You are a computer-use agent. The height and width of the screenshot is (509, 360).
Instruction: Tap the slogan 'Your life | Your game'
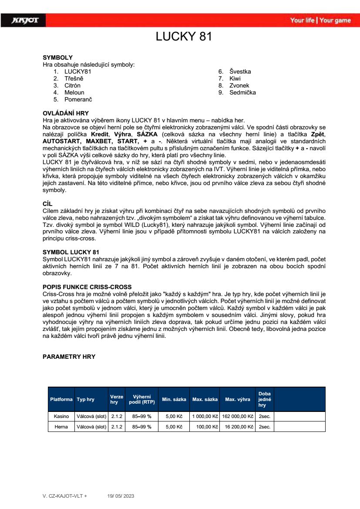(x=320, y=20)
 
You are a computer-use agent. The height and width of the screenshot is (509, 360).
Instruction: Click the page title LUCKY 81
(x=184, y=37)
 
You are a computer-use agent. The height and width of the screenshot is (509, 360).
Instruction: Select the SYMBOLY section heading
(x=57, y=57)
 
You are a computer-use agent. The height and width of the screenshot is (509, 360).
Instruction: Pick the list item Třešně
(x=74, y=78)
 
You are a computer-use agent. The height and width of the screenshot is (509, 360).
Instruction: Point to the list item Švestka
(x=240, y=71)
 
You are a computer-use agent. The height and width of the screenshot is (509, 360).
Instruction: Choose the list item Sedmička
(x=242, y=92)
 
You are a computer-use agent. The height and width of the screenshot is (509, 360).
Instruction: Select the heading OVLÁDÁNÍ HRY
(x=65, y=113)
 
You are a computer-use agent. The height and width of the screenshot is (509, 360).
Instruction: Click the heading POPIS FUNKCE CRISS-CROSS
(x=87, y=287)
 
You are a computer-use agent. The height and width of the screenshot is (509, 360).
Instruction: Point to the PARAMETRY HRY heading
(x=69, y=357)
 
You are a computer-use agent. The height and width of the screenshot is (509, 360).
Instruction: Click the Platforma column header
(x=61, y=399)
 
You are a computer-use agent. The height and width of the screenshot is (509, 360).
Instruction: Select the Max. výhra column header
(x=237, y=399)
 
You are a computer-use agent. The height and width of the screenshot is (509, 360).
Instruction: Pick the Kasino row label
(x=61, y=416)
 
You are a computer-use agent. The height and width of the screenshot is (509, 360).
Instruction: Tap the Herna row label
(x=61, y=427)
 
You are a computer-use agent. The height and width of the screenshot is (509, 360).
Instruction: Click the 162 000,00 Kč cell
(x=237, y=416)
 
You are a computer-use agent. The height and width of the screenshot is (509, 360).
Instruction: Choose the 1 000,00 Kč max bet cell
(x=205, y=416)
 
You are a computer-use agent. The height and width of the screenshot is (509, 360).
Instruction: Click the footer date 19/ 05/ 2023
(x=122, y=496)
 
